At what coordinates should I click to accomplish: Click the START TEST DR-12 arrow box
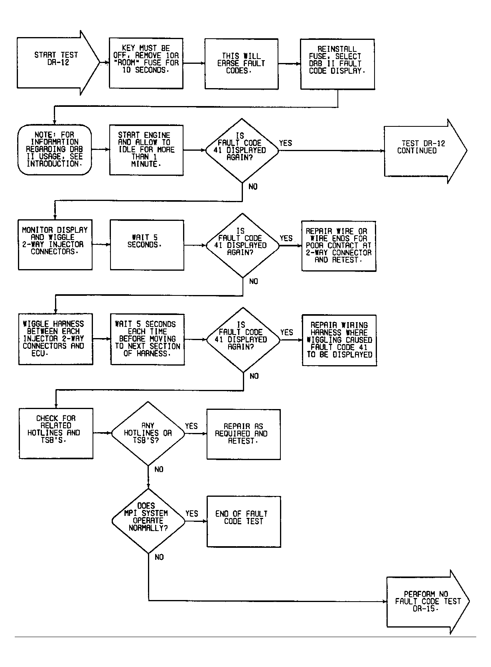(x=56, y=63)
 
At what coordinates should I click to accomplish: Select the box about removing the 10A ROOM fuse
(x=146, y=63)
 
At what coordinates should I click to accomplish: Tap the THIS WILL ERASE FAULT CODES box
(x=241, y=64)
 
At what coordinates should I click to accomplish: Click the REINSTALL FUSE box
(x=337, y=64)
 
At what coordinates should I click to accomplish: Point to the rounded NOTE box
(x=55, y=150)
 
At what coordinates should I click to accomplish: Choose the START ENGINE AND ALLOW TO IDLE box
(x=146, y=150)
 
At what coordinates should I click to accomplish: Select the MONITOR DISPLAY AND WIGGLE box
(x=55, y=244)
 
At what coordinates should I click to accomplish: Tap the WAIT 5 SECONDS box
(x=147, y=244)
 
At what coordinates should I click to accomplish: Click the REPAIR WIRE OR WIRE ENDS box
(x=338, y=246)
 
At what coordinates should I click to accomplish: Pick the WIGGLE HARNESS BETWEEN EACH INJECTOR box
(x=55, y=339)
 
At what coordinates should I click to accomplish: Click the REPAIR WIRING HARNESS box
(x=339, y=340)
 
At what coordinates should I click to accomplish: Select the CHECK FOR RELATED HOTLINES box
(x=56, y=433)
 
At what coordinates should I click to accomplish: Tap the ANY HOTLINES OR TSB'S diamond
(x=148, y=433)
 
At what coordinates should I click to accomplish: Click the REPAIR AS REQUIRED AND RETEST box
(x=243, y=434)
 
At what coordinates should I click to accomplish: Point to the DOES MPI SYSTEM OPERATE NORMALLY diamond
(x=148, y=521)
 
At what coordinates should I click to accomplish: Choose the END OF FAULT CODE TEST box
(x=244, y=521)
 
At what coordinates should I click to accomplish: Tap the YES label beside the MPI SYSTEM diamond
(x=192, y=514)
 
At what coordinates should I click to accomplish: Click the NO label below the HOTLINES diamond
(x=159, y=470)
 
